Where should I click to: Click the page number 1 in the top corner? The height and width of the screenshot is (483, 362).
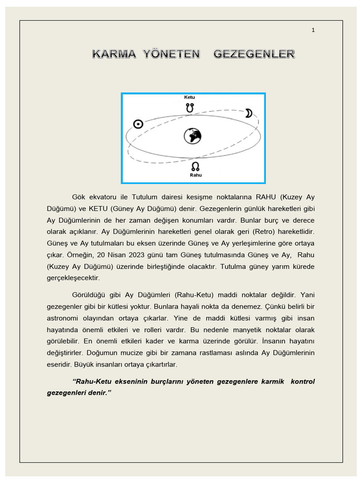(x=313, y=30)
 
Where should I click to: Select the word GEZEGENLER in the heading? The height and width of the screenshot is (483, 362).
(x=254, y=54)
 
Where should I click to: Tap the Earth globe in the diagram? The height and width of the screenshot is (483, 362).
(x=192, y=136)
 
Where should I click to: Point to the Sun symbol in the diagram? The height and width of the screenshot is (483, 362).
(x=138, y=124)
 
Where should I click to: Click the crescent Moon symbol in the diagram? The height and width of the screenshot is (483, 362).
(x=248, y=113)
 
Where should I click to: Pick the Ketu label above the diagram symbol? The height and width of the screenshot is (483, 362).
(x=189, y=97)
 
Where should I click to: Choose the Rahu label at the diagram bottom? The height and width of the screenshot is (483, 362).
(x=195, y=175)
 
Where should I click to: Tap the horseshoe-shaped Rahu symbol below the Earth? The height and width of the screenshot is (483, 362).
(x=195, y=166)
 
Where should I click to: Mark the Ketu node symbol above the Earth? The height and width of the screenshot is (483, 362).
(x=189, y=108)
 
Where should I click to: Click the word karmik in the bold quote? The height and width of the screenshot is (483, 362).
(x=272, y=381)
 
